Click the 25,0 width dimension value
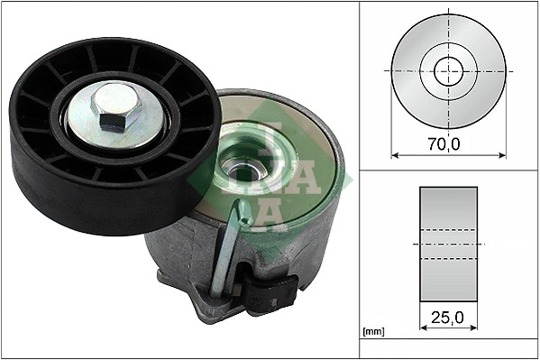(448, 318)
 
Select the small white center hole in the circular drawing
(448, 70)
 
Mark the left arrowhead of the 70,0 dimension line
(395, 154)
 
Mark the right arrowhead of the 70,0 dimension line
(502, 154)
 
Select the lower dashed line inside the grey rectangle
(448, 259)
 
